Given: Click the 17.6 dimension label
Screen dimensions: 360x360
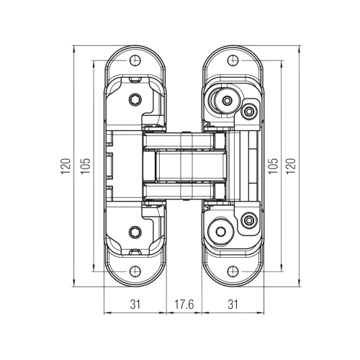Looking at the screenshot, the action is click(x=184, y=305).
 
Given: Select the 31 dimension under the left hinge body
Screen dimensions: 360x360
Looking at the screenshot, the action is click(x=135, y=305).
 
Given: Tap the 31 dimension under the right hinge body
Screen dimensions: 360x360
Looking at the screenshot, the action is click(x=233, y=305).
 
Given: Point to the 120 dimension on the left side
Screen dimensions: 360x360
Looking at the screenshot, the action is click(x=66, y=166).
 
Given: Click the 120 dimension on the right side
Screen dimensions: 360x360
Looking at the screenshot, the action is click(x=291, y=166).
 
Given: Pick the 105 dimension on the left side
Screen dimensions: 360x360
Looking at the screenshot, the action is click(x=86, y=166).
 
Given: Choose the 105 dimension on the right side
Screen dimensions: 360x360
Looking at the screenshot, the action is click(x=273, y=166).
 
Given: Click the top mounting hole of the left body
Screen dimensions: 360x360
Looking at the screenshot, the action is click(x=135, y=60).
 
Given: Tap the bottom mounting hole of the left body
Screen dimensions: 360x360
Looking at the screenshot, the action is click(x=135, y=271).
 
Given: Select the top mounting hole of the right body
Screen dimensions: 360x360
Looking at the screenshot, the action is click(x=233, y=60).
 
